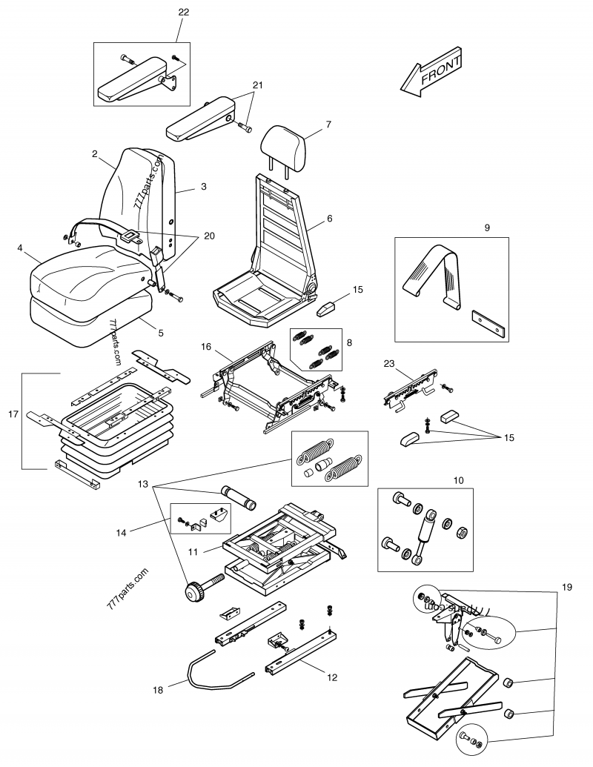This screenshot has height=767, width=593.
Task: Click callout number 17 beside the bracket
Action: (x=13, y=414)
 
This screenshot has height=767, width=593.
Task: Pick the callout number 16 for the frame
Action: (x=206, y=345)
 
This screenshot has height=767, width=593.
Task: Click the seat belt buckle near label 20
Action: (x=130, y=236)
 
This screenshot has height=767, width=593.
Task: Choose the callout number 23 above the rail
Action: (x=388, y=364)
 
